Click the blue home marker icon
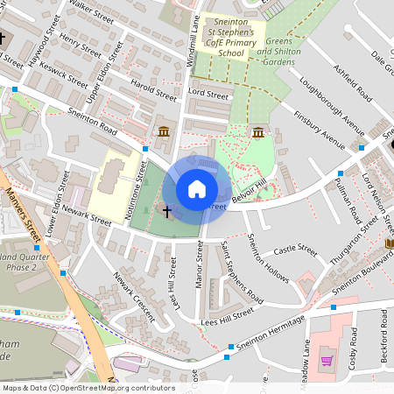(197, 189)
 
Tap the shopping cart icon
(327, 360)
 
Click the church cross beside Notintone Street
(166, 211)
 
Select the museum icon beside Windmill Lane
(163, 132)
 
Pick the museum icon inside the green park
(258, 132)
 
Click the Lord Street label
(208, 94)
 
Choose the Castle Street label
(296, 250)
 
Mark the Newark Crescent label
(132, 295)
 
